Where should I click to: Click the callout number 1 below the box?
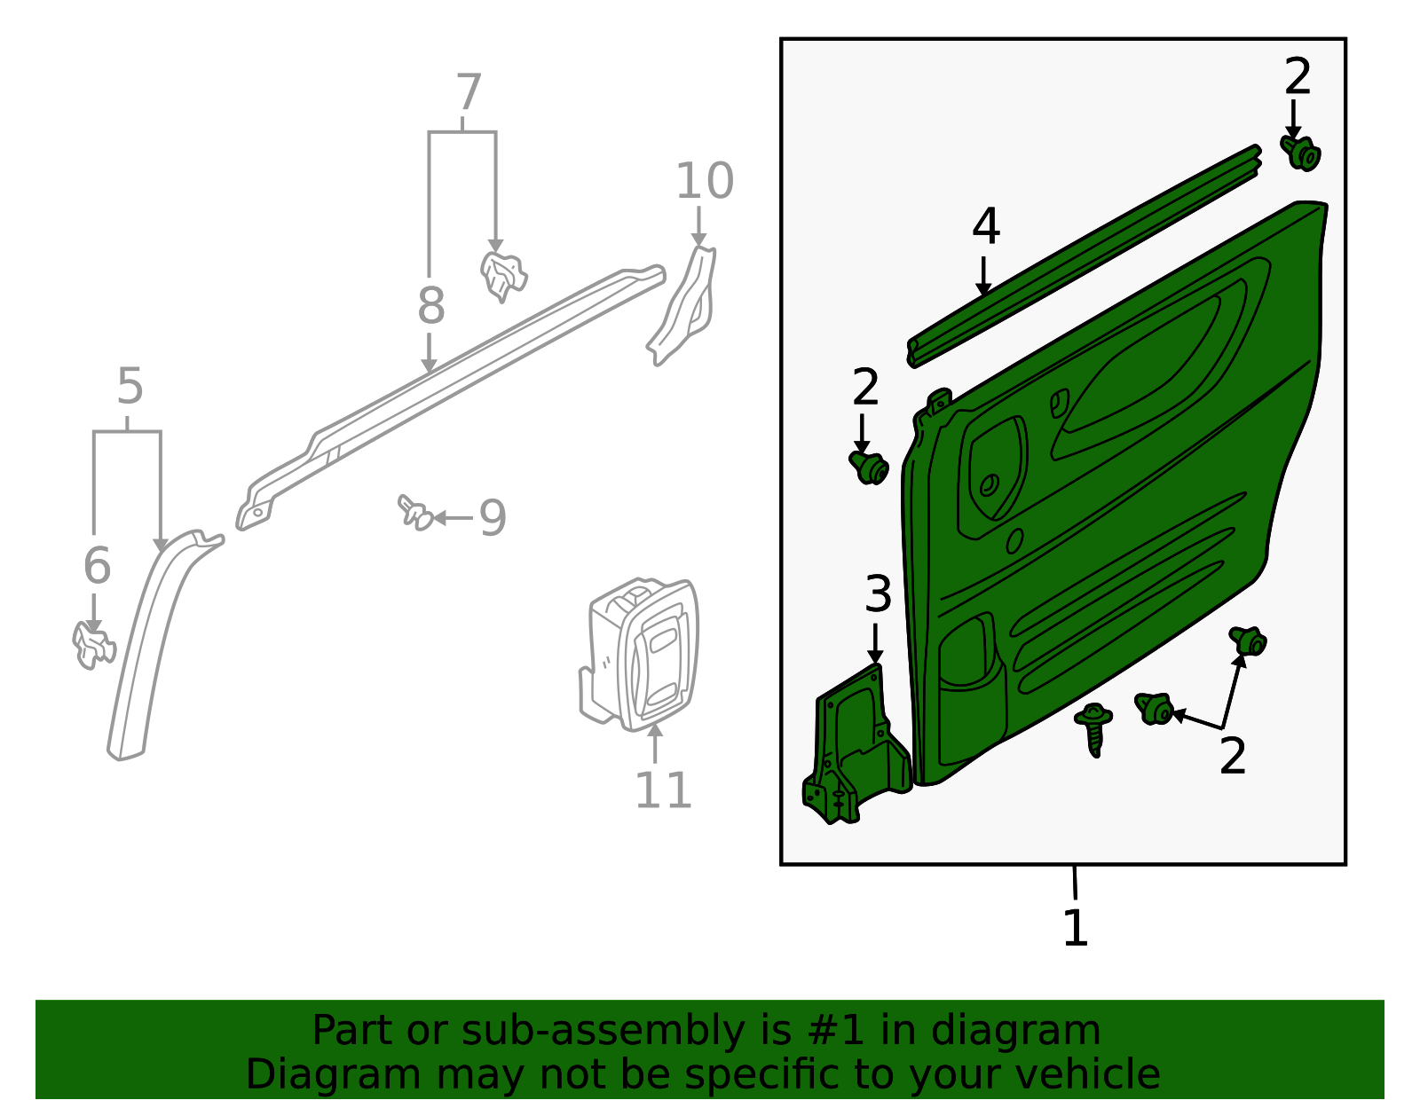(x=1075, y=928)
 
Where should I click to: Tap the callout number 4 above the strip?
(x=985, y=226)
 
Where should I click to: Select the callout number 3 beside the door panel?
(x=877, y=593)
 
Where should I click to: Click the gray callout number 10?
(x=705, y=181)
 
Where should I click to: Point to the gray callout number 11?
(x=663, y=790)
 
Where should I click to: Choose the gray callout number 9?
(x=493, y=517)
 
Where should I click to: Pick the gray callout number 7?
(x=468, y=93)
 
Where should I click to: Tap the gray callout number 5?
(x=130, y=387)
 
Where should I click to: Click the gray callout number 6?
(x=97, y=565)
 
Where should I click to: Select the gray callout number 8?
(x=430, y=306)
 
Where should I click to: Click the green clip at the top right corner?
(x=1302, y=153)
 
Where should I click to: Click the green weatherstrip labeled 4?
(x=1083, y=257)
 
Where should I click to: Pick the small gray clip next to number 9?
(x=414, y=512)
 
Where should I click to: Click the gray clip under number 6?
(x=92, y=645)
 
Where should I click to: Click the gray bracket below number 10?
(x=685, y=306)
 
